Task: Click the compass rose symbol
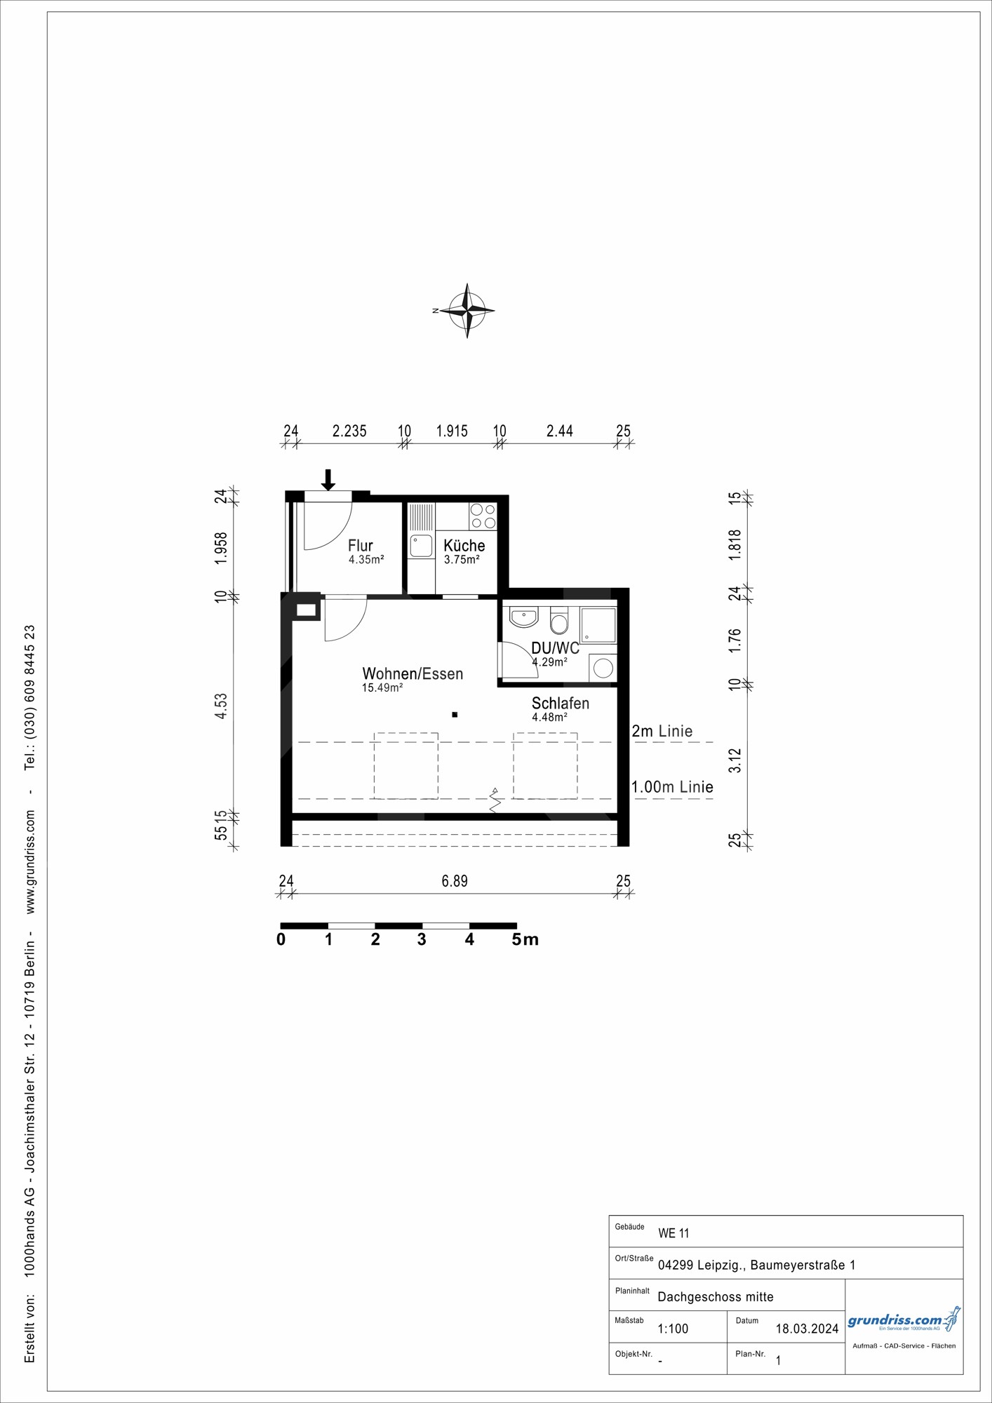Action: tap(467, 310)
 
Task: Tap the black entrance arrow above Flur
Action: tap(328, 480)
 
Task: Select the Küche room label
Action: tap(464, 545)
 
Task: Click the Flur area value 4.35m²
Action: tap(366, 560)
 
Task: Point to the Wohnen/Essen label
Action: tap(413, 673)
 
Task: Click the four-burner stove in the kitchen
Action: tap(483, 516)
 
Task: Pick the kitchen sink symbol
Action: tap(421, 546)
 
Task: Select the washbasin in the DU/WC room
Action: tap(523, 617)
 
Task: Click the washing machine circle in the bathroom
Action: tap(603, 668)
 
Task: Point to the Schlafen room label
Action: tap(560, 703)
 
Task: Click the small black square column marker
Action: tap(455, 715)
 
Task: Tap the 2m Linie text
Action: tap(662, 731)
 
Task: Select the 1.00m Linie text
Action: tap(672, 787)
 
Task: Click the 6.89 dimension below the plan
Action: tap(455, 881)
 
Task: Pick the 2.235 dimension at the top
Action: tap(349, 431)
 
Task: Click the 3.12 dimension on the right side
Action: tap(735, 760)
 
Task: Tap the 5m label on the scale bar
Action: tap(525, 939)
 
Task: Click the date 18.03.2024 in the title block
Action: tap(807, 1329)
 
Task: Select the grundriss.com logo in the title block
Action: tap(903, 1321)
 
